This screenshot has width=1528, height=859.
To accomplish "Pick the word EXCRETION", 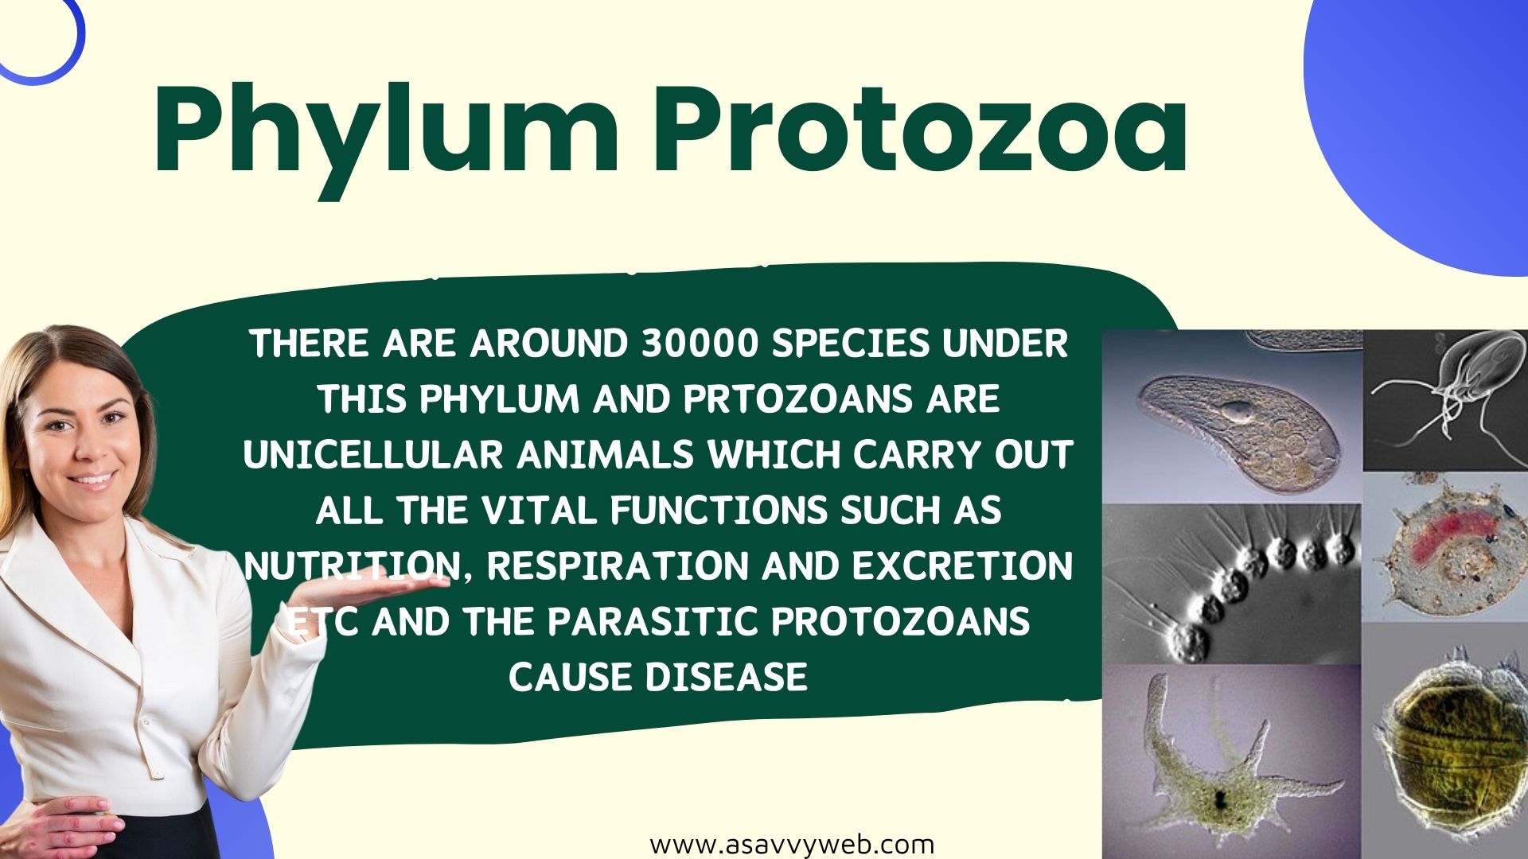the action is [962, 566].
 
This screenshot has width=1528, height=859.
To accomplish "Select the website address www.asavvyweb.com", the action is [792, 844].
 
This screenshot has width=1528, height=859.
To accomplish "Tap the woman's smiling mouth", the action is [92, 480].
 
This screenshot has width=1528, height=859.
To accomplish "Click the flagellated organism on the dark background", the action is [1445, 401].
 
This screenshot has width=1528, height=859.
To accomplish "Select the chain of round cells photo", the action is [1232, 584].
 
